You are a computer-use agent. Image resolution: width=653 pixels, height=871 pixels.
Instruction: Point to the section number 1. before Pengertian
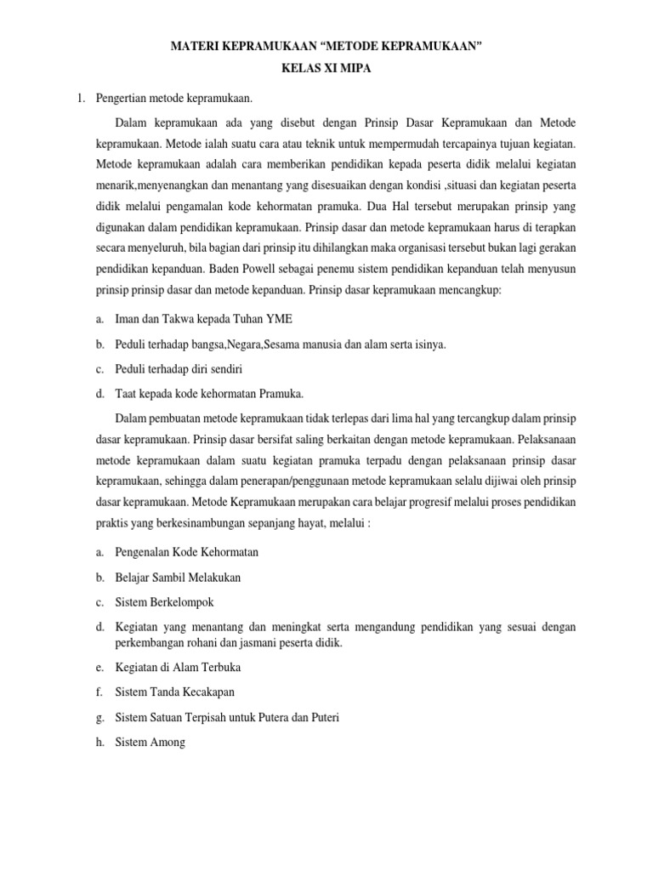tap(82, 100)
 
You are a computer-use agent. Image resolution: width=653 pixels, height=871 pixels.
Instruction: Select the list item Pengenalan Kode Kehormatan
tap(186, 552)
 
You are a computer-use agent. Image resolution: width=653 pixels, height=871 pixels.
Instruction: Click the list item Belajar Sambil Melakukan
tap(178, 577)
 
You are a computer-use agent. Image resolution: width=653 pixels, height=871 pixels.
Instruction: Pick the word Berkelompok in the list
tap(175, 602)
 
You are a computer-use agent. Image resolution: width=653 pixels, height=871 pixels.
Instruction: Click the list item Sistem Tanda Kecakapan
tap(174, 692)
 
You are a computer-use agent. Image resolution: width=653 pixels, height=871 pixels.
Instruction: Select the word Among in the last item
tap(167, 742)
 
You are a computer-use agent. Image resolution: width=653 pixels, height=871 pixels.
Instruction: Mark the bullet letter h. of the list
tap(100, 742)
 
